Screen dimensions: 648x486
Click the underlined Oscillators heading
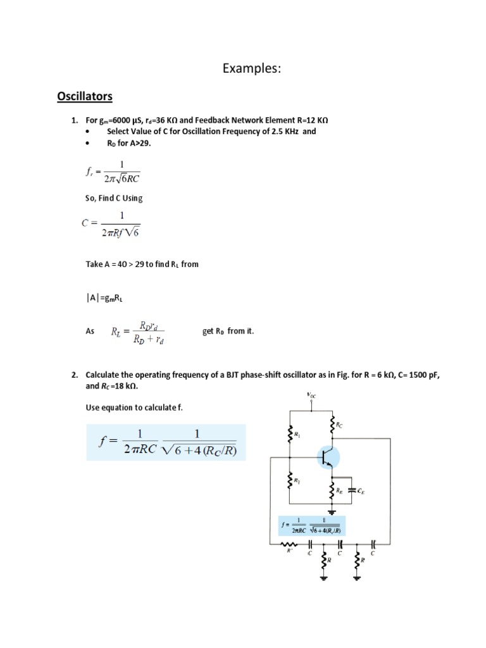[x=85, y=96]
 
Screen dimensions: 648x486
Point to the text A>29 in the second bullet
[x=139, y=143]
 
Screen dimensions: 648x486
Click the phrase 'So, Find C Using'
[x=114, y=198]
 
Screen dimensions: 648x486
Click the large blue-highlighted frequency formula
[x=166, y=442]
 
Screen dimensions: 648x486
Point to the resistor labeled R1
[x=290, y=434]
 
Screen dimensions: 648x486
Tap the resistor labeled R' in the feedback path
[x=291, y=543]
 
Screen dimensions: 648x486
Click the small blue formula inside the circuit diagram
[x=313, y=526]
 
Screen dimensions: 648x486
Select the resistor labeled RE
[x=332, y=489]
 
